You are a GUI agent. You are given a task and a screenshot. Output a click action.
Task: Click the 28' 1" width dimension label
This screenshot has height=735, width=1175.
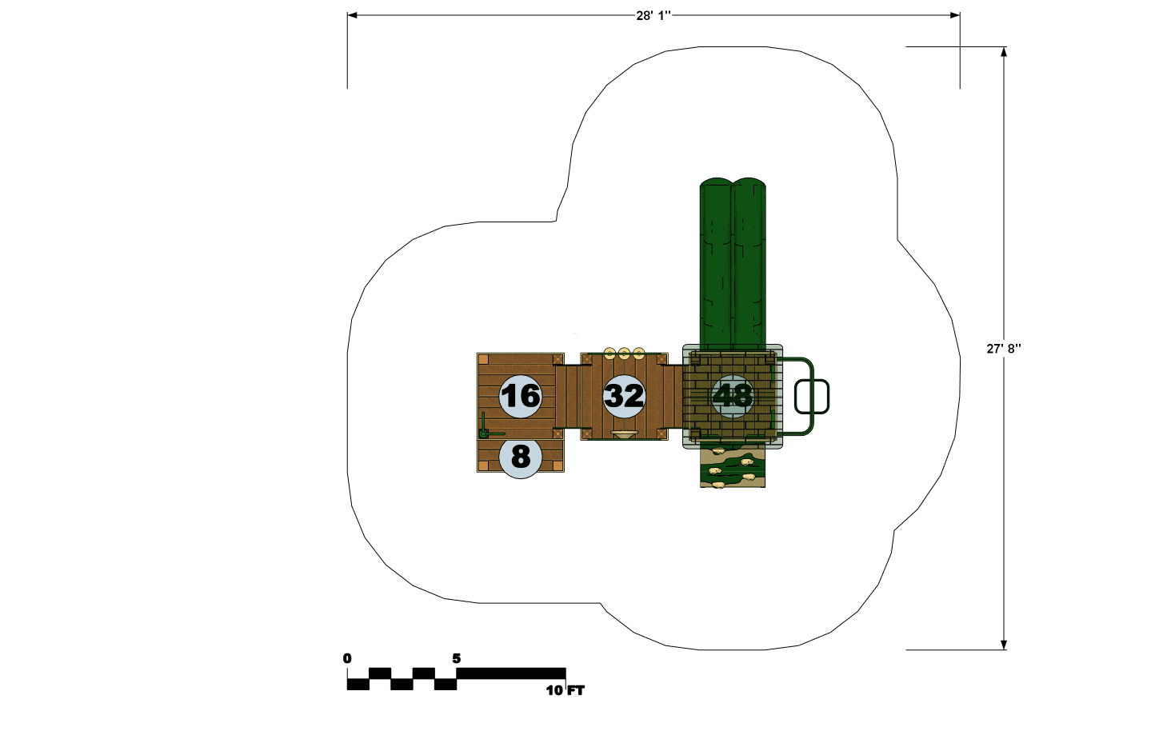(x=653, y=15)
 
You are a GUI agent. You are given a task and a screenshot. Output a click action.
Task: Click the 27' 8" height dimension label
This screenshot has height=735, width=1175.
(x=1004, y=349)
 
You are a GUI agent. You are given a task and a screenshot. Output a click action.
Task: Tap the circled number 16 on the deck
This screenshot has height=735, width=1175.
(x=520, y=396)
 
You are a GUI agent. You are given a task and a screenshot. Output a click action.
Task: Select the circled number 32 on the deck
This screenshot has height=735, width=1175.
(x=624, y=396)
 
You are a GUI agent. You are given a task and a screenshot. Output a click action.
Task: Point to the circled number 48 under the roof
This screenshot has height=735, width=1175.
(x=733, y=396)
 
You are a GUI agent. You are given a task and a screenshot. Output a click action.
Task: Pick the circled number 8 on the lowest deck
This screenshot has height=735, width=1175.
(x=520, y=457)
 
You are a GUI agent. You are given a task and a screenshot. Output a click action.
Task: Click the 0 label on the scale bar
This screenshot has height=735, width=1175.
(x=347, y=658)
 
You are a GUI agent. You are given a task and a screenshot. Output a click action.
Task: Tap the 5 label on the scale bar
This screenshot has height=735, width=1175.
(x=457, y=658)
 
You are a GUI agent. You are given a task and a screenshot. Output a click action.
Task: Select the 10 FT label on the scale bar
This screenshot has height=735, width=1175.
(x=565, y=690)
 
